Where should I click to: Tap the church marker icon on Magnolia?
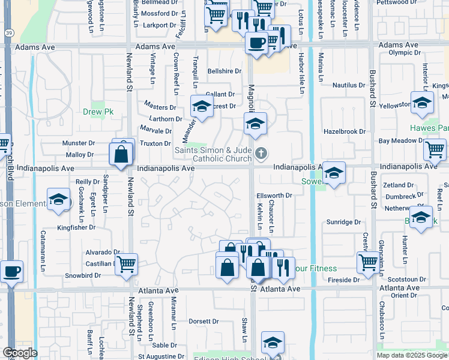(x=261, y=154)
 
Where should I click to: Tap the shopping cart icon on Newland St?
(x=126, y=263)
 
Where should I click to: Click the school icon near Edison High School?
(x=273, y=343)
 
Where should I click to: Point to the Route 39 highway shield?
(x=8, y=33)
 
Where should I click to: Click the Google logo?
(x=20, y=353)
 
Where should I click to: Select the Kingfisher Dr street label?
(x=76, y=227)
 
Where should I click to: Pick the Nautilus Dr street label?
(x=349, y=85)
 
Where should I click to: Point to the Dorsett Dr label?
(x=202, y=321)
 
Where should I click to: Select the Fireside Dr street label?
(x=344, y=280)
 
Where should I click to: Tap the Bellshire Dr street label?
(x=224, y=71)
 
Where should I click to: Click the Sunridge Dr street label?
(x=343, y=222)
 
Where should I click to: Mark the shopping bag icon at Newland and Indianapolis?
(x=121, y=154)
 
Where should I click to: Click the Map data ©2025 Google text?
(x=412, y=355)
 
